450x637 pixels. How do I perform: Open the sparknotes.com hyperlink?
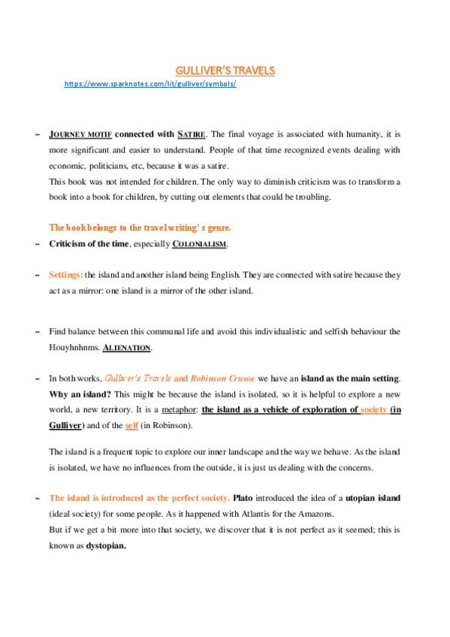[150, 83]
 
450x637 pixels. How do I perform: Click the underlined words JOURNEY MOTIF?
[80, 134]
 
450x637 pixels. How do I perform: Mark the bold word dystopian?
[106, 546]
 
